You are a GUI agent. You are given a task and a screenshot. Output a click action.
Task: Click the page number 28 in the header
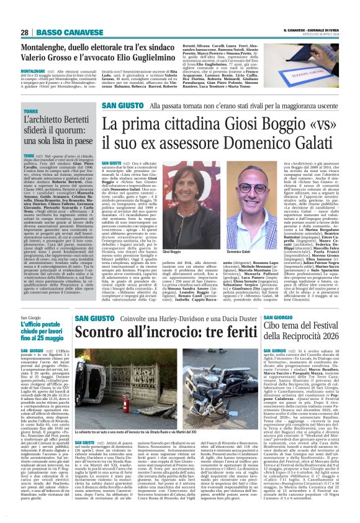point(25,32)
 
